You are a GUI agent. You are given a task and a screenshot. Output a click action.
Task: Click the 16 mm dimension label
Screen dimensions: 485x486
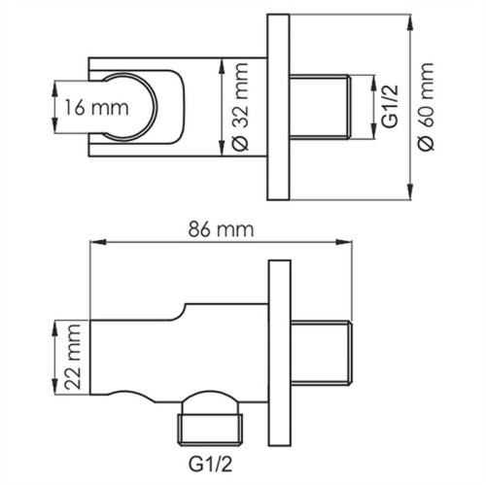click(x=86, y=106)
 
